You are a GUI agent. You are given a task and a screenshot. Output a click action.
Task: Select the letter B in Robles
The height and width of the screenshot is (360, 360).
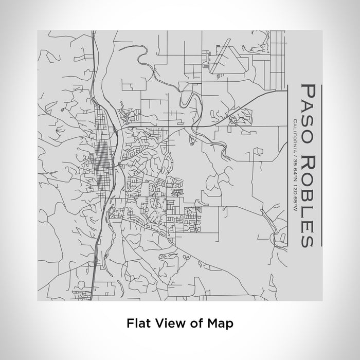[305, 193]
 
